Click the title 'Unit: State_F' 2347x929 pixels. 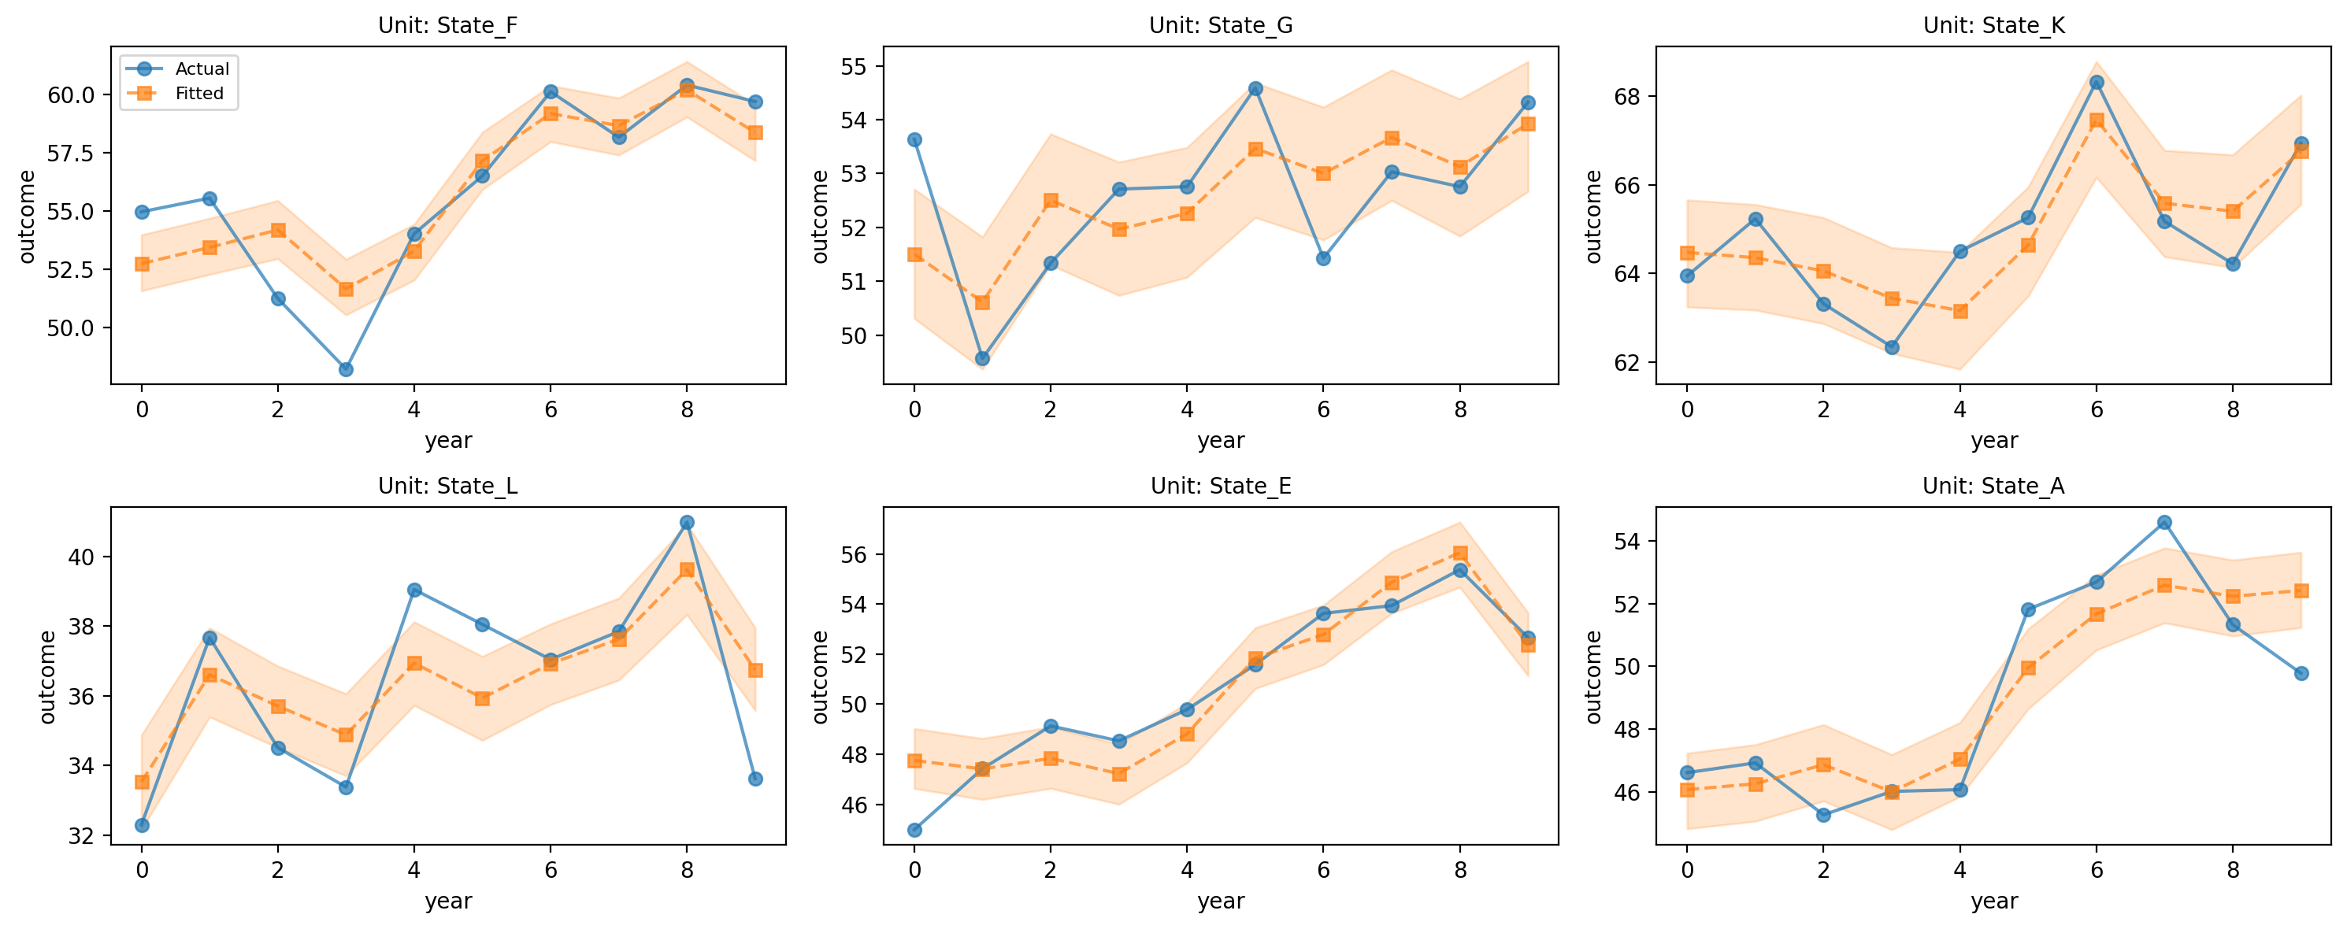pos(447,24)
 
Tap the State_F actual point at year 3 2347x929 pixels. pos(347,369)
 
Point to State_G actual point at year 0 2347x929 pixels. pos(914,139)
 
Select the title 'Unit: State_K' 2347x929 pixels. pos(1993,24)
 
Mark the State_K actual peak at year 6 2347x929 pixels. pos(2097,82)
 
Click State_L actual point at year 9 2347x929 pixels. pos(755,779)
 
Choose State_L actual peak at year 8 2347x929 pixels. pos(687,522)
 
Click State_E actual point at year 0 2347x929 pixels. pos(914,830)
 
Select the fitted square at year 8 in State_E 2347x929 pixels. pos(1460,553)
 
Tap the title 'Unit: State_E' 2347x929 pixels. pos(1221,486)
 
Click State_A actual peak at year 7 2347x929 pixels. pos(2165,522)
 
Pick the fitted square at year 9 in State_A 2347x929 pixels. pos(2301,590)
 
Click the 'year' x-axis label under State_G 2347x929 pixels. pos(1221,441)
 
